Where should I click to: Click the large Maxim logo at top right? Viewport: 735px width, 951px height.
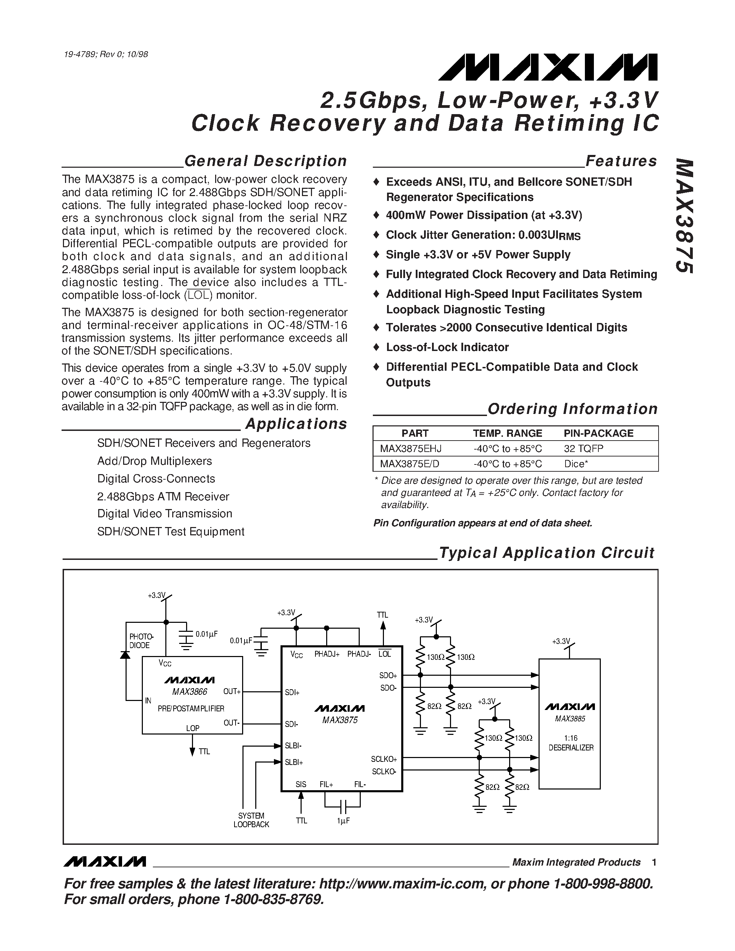click(548, 67)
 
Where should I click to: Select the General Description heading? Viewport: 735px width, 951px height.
click(265, 161)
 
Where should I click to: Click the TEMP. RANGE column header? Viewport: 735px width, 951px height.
click(507, 433)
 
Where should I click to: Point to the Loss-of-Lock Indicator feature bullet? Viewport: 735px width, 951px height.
click(447, 347)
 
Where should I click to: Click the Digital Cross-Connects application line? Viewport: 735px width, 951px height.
click(156, 479)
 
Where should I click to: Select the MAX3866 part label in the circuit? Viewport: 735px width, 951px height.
click(190, 692)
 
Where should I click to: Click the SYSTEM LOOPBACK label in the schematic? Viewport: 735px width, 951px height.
click(251, 820)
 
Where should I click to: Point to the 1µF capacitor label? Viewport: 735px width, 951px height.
click(343, 821)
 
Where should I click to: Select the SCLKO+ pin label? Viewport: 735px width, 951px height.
click(384, 759)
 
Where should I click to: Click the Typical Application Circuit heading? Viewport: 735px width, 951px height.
click(546, 553)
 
